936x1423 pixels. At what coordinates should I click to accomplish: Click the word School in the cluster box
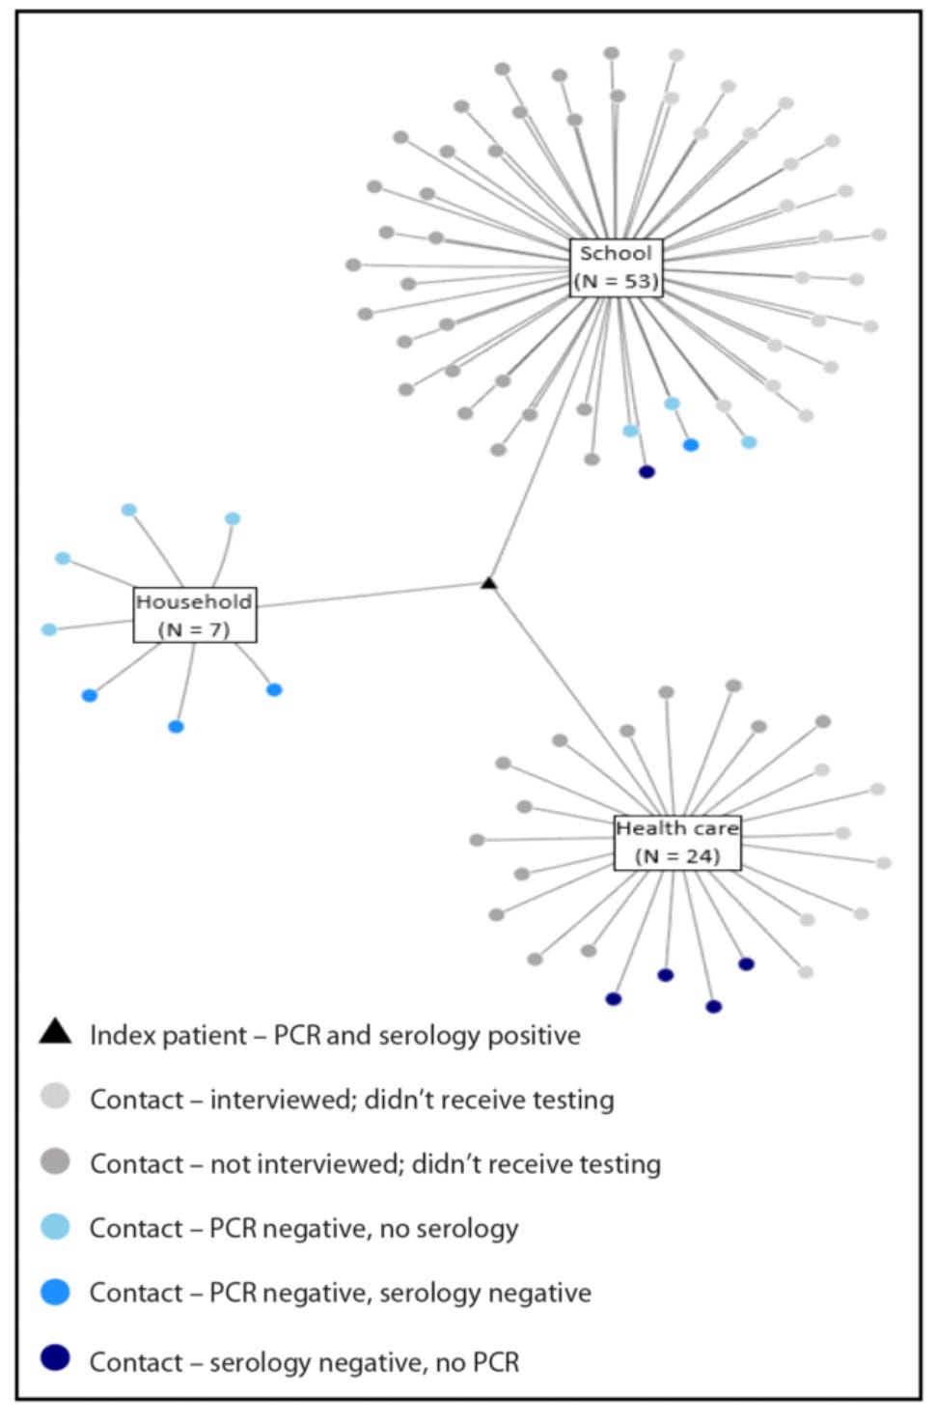616,254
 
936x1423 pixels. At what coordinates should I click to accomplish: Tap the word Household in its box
194,601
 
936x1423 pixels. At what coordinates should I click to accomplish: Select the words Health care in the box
677,828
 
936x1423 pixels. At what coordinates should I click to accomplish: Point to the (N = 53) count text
616,281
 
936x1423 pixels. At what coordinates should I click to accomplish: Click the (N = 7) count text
194,629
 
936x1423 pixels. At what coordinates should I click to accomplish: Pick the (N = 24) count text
677,855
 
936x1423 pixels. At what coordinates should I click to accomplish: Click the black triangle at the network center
489,583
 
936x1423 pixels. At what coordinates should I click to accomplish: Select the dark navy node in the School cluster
647,472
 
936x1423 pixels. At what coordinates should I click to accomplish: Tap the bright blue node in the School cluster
691,445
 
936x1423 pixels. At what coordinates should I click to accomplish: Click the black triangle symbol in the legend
55,1032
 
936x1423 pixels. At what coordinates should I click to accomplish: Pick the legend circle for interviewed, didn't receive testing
55,1097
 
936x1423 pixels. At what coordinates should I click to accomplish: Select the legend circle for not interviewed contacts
55,1161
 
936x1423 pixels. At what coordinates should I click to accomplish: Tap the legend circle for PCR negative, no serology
55,1226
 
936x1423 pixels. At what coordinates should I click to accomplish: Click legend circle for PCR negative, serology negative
55,1291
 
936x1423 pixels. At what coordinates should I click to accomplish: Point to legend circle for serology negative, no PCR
55,1358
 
